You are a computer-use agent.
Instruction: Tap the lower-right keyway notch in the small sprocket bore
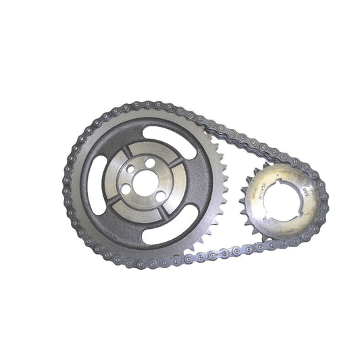point(298,215)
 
